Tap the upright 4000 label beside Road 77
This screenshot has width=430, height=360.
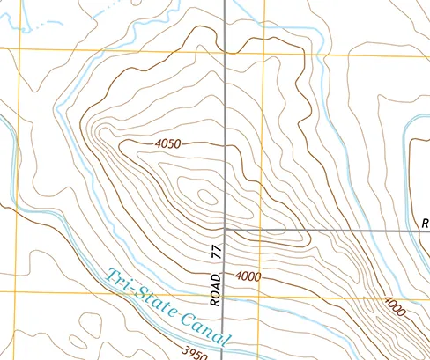pos(248,276)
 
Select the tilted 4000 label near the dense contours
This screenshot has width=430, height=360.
pos(395,307)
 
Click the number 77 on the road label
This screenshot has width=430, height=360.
pos(217,253)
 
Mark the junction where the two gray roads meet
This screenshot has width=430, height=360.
pos(225,229)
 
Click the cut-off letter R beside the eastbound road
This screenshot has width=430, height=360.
pos(425,222)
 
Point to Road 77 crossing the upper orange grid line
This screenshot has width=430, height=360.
pos(225,51)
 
